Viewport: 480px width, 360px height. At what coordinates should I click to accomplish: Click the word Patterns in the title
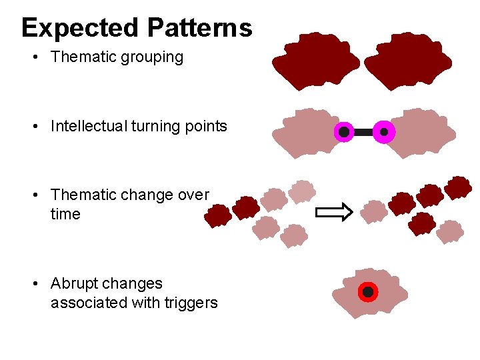[200, 28]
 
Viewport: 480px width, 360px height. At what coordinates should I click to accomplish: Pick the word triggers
[193, 303]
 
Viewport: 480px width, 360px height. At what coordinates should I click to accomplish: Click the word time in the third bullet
[65, 214]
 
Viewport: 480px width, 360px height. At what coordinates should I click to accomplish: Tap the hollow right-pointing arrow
[333, 213]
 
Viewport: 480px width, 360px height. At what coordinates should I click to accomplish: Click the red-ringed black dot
[367, 292]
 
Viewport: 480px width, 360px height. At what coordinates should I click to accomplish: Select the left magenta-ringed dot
[344, 132]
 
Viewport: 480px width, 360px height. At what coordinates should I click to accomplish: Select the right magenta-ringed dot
[384, 132]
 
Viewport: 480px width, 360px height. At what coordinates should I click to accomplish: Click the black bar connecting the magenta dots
[364, 132]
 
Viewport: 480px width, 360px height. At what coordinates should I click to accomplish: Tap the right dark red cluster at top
[408, 61]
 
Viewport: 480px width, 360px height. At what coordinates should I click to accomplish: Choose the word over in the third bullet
[194, 195]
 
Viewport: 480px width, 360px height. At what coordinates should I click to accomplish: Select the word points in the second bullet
[207, 126]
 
